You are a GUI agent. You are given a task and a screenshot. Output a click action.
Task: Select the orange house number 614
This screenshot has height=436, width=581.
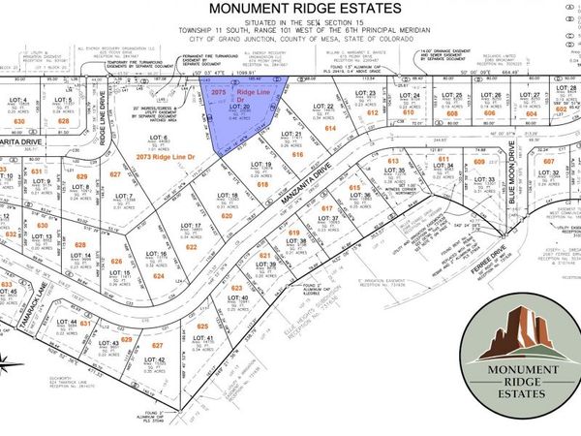(x=329, y=128)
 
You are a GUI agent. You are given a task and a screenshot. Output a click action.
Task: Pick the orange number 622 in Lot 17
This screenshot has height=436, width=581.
(x=192, y=247)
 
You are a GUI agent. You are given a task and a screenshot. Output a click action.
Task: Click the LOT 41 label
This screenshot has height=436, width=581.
(x=204, y=338)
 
